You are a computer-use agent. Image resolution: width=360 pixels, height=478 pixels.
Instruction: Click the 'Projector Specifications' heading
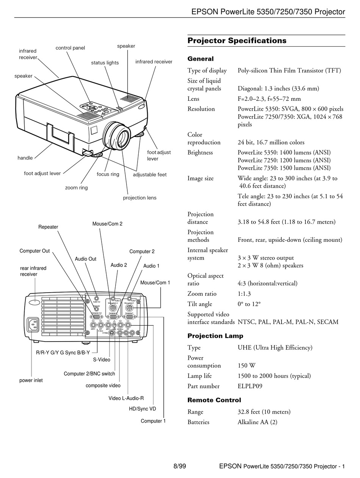point(237,41)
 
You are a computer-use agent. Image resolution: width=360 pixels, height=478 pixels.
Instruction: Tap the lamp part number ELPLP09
point(250,386)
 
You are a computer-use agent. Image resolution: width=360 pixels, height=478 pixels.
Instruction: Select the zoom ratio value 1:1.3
point(244,293)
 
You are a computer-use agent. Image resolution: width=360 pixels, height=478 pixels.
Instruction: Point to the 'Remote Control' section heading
point(214,400)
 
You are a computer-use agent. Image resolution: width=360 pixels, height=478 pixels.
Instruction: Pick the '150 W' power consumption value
point(246,365)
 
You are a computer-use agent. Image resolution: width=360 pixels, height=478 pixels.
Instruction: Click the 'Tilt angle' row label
point(200,304)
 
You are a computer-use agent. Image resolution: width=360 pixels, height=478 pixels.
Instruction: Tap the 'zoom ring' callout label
point(77,188)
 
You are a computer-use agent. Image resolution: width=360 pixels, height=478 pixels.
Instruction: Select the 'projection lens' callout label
point(139,197)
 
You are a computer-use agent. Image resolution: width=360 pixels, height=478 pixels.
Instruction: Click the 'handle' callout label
point(25,158)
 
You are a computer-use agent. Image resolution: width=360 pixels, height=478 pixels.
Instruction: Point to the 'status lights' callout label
point(105,63)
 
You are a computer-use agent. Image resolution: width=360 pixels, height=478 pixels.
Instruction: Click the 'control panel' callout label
point(70,48)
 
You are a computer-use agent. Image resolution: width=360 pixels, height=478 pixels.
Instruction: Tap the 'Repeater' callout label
point(48,227)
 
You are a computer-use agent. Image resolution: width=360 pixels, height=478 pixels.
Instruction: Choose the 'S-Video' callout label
point(102,359)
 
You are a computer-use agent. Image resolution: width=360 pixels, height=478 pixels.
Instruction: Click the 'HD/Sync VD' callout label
point(142,409)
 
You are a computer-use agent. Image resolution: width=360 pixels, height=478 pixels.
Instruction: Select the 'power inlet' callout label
point(31,380)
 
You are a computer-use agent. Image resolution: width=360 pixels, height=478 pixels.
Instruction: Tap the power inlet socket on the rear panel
point(33,324)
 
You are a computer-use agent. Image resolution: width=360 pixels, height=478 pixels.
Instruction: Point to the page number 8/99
point(180,466)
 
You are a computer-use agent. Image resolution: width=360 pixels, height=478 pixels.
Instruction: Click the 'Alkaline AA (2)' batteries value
point(257,422)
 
